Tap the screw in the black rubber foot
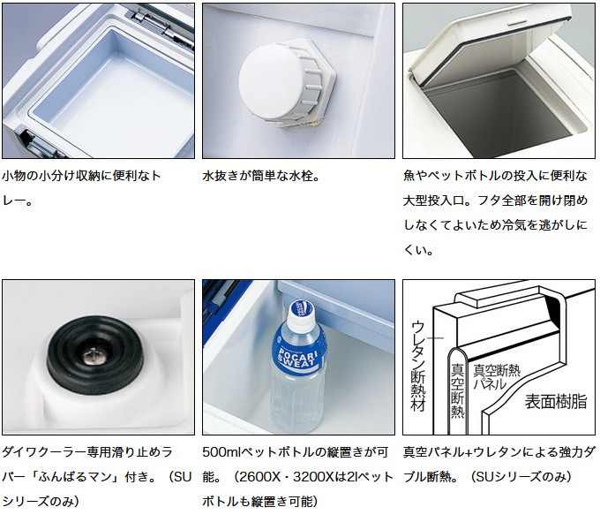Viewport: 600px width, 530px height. [x=93, y=357]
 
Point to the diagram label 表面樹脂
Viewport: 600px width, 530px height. [x=555, y=401]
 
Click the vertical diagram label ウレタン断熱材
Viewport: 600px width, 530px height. [x=418, y=367]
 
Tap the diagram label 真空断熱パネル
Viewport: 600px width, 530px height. [x=497, y=377]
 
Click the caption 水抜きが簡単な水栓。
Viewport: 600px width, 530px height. [x=261, y=176]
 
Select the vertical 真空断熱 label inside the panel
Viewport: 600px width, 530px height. [x=457, y=390]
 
